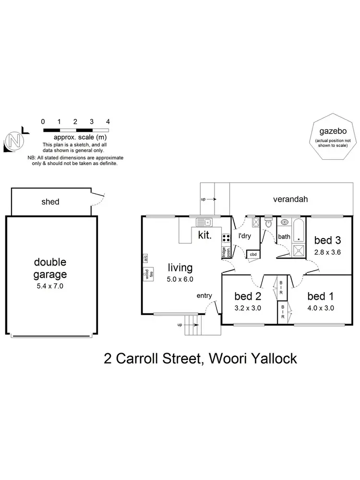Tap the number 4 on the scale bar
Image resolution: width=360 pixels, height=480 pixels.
(x=108, y=121)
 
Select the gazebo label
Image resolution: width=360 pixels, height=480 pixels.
(x=333, y=132)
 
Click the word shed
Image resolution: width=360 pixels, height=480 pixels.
(x=50, y=202)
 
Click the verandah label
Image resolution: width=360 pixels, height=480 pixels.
(x=290, y=199)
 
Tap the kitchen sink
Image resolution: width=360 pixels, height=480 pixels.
(x=204, y=222)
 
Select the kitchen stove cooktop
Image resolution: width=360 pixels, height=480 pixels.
(x=225, y=238)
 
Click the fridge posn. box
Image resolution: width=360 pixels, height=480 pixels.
(x=224, y=252)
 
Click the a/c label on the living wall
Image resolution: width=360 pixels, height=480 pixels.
(x=145, y=258)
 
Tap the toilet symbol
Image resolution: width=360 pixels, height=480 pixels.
(x=268, y=223)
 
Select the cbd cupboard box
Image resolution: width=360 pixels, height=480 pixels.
(x=252, y=254)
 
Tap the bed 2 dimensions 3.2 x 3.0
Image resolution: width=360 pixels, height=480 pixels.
(x=248, y=308)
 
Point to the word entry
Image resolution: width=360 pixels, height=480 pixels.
(x=204, y=296)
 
